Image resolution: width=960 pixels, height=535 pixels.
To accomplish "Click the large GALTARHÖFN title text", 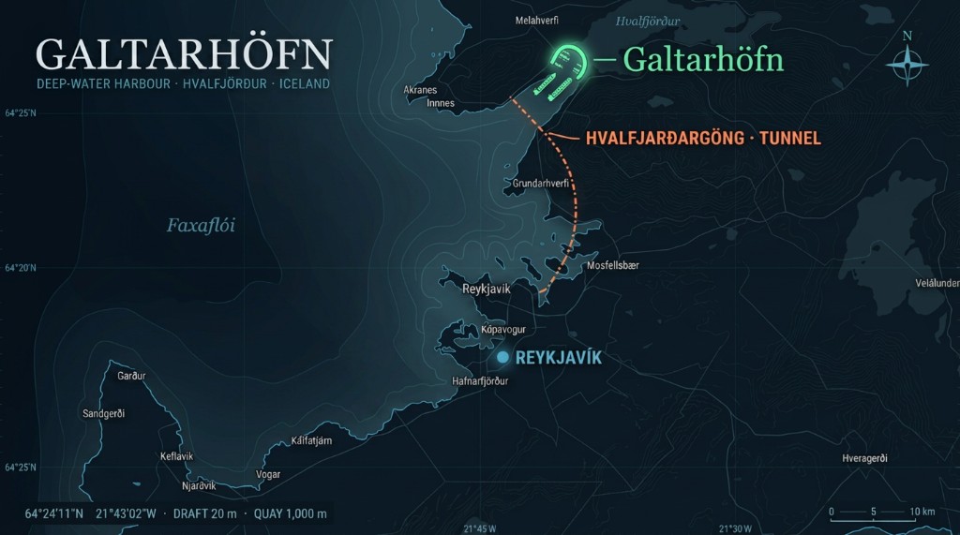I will pos(184,54).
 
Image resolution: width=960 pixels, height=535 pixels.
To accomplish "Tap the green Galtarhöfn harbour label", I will pos(702,59).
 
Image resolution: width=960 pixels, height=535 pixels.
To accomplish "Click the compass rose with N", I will pos(907,65).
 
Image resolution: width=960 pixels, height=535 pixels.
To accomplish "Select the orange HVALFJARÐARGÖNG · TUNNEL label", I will pos(703,138).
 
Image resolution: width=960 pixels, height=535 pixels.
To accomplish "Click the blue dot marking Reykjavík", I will pos(503,357).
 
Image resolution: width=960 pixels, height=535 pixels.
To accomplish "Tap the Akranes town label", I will pos(420,90).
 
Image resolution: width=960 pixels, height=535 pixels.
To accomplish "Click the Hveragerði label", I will pos(864,458).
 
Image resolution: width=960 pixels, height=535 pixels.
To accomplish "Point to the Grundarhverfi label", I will pos(541,184).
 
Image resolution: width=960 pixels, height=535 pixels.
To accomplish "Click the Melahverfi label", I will pos(537,19).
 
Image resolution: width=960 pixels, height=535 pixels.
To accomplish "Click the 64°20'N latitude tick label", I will pos(21,267).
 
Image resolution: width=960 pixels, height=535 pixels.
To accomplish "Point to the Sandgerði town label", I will pos(104,413).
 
